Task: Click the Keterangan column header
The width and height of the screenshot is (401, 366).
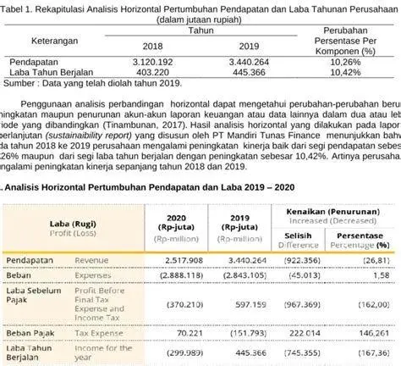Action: tap(58, 39)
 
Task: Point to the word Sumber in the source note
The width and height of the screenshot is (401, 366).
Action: tap(18, 83)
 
